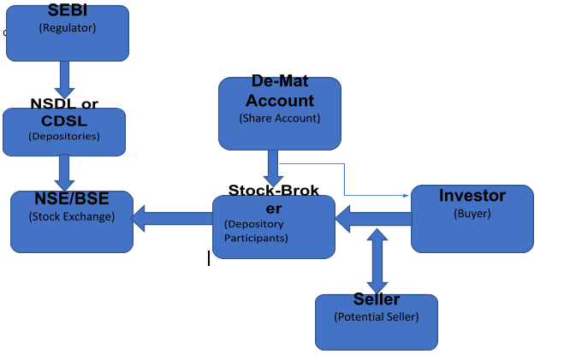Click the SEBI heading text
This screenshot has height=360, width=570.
point(67,12)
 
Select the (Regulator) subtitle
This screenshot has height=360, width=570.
point(68,27)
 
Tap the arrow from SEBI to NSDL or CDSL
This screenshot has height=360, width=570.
point(65,79)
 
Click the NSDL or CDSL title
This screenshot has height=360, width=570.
point(64,111)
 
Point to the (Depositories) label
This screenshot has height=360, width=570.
point(64,135)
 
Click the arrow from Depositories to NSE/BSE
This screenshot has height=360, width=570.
point(65,172)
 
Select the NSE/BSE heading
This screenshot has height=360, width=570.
point(72,199)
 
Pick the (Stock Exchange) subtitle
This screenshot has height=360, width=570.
point(72,216)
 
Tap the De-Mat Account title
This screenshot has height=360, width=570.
point(280,91)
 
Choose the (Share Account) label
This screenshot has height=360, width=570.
point(280,118)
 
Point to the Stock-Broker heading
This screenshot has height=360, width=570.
point(274,198)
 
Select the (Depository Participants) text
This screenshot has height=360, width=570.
point(256,231)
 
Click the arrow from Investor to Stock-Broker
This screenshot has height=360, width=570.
point(373,220)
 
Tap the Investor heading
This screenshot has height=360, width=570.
point(472,196)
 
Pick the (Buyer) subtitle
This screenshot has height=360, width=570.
point(472,214)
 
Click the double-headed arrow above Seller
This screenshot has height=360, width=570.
point(377,260)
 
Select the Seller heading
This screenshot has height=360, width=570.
point(377,300)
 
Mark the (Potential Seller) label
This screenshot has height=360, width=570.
point(377,317)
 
